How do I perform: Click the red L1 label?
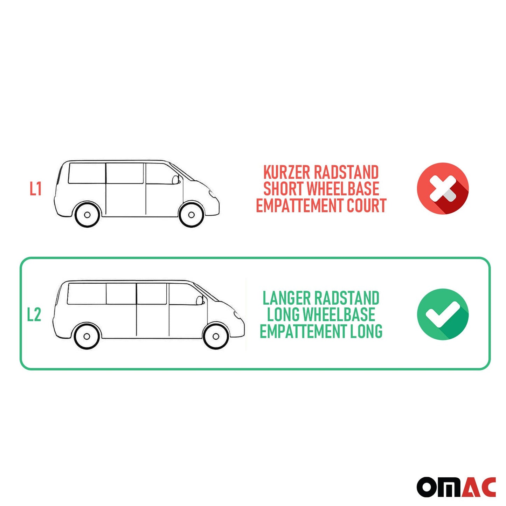pyautogui.click(x=35, y=189)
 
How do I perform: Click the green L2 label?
pyautogui.click(x=34, y=314)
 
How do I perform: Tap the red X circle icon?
pyautogui.click(x=443, y=188)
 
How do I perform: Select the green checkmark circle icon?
pyautogui.click(x=443, y=314)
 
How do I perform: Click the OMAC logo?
pyautogui.click(x=456, y=487)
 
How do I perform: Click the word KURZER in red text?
pyautogui.click(x=286, y=173)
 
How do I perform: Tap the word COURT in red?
pyautogui.click(x=366, y=205)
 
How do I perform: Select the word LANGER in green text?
pyautogui.click(x=286, y=298)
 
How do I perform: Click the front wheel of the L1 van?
pyautogui.click(x=191, y=214)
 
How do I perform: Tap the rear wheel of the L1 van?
pyautogui.click(x=87, y=214)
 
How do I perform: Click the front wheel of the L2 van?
pyautogui.click(x=216, y=337)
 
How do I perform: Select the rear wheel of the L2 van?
pyautogui.click(x=87, y=337)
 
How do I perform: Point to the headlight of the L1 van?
pyautogui.click(x=212, y=194)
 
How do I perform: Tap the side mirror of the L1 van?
pyautogui.click(x=175, y=180)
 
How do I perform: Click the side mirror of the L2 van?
pyautogui.click(x=200, y=300)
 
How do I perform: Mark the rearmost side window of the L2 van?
pyautogui.click(x=86, y=294)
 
